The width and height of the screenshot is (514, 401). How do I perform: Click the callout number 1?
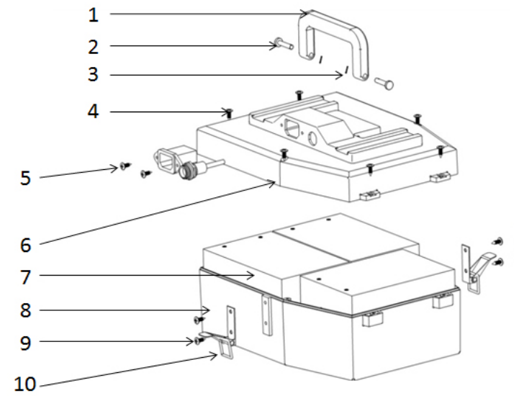tap(94, 15)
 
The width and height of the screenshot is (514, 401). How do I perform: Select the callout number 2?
tap(94, 47)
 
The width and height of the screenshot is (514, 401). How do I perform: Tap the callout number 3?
tap(94, 74)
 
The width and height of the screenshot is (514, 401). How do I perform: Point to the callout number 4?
tap(94, 111)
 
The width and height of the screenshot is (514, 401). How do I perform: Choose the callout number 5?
tap(26, 178)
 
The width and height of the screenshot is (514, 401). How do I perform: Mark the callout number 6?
tap(26, 245)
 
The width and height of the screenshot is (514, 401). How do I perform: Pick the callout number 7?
tap(26, 277)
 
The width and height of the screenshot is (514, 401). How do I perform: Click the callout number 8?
tap(26, 310)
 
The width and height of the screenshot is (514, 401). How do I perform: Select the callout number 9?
tap(26, 343)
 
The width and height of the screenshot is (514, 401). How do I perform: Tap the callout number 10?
tap(25, 384)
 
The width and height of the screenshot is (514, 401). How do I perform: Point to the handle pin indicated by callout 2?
tap(284, 44)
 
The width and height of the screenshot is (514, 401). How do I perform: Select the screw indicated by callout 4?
tap(230, 113)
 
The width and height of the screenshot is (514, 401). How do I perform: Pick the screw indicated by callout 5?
tap(125, 166)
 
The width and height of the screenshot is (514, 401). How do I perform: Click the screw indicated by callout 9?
tap(199, 341)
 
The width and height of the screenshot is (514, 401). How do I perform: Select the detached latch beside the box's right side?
tap(477, 269)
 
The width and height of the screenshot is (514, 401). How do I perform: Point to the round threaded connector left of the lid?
tap(187, 170)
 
